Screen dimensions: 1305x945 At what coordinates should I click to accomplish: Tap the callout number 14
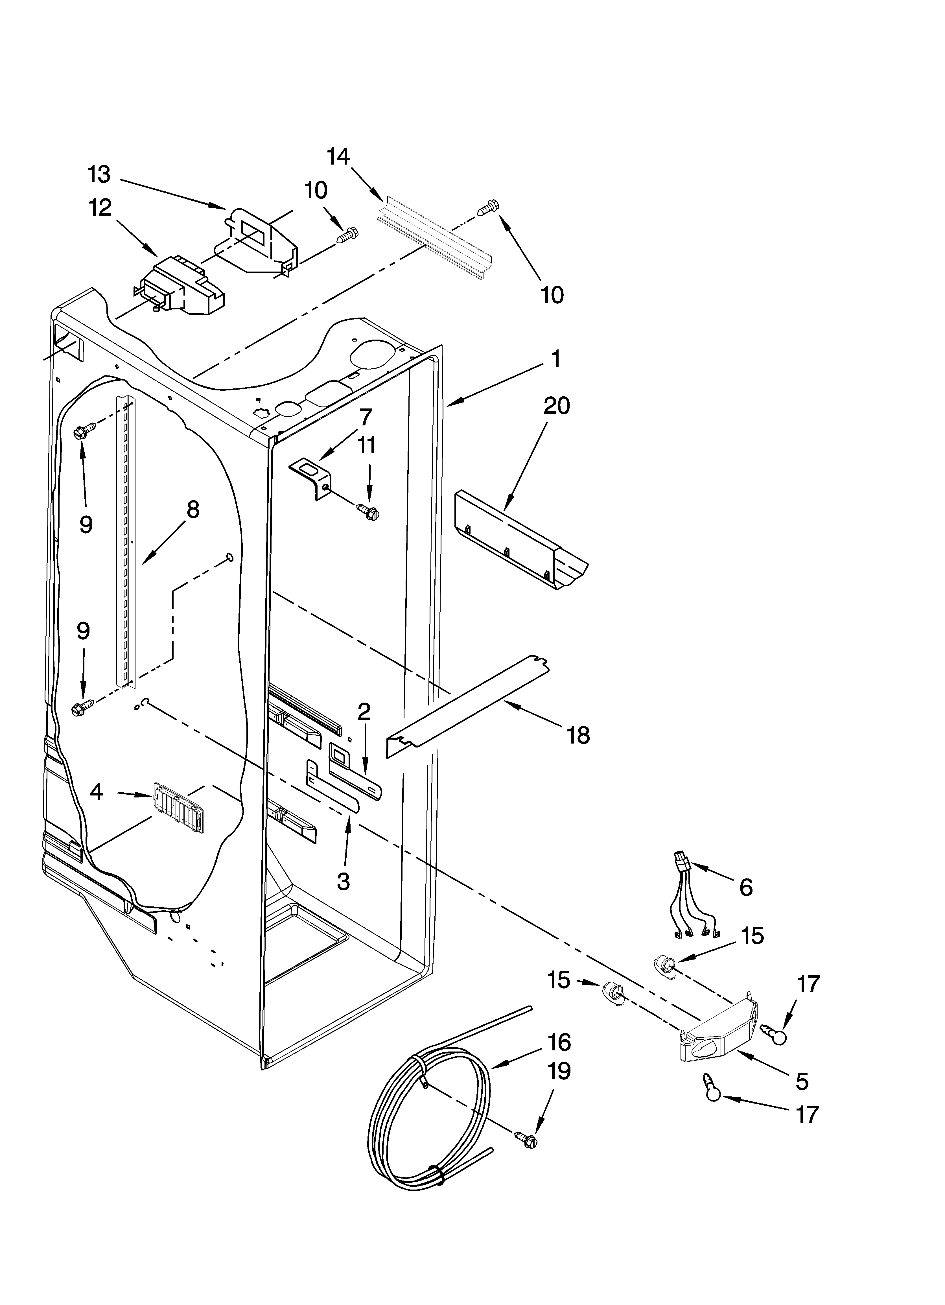[338, 156]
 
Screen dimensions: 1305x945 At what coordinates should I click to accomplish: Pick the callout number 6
[745, 887]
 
